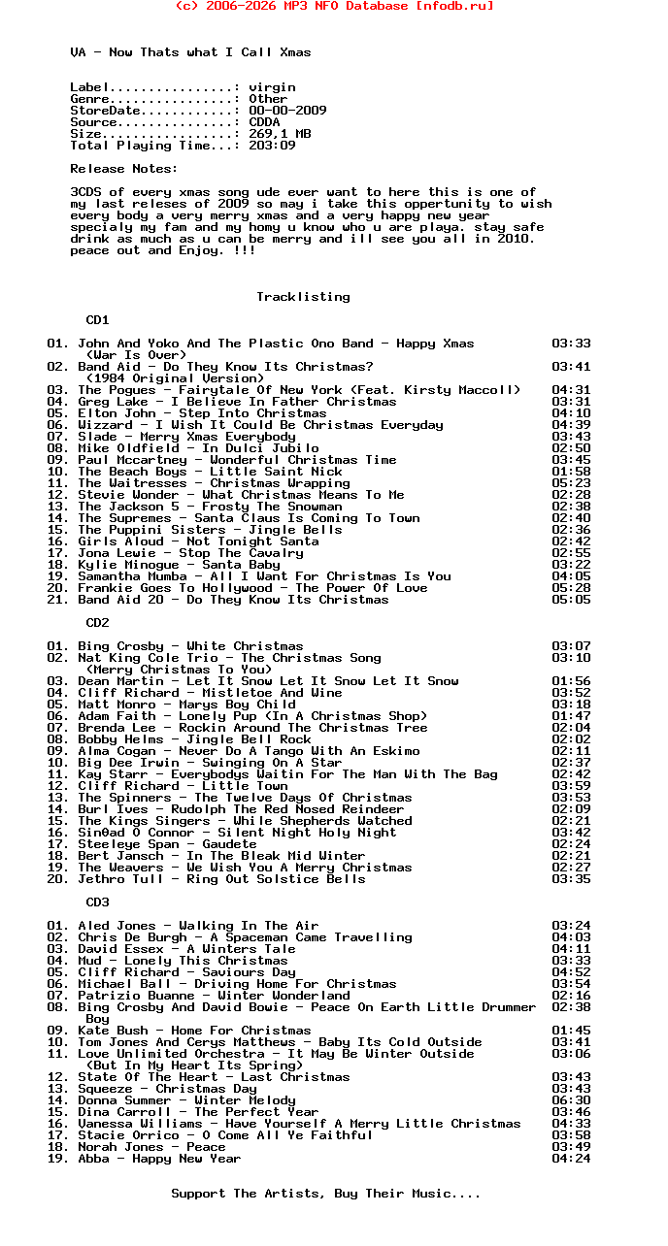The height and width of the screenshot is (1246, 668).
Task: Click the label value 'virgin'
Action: (x=272, y=87)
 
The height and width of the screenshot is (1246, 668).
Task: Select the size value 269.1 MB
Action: (x=280, y=134)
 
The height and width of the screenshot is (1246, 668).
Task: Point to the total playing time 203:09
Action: (x=272, y=146)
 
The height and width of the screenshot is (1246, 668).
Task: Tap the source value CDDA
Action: (x=264, y=122)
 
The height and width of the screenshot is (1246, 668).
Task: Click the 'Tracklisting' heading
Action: (x=303, y=297)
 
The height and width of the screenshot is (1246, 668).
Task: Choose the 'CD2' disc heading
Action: (x=97, y=623)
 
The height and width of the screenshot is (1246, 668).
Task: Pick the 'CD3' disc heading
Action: (x=97, y=902)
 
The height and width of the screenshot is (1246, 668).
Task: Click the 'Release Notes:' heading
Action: (x=124, y=169)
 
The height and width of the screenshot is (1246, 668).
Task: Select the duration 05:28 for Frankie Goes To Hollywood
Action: (x=571, y=588)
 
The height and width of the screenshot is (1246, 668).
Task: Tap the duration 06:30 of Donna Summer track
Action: (x=571, y=1100)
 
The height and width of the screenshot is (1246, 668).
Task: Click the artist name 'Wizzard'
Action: (x=105, y=425)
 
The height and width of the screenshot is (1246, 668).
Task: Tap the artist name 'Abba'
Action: (x=93, y=1159)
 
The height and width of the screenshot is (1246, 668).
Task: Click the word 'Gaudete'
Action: (x=229, y=844)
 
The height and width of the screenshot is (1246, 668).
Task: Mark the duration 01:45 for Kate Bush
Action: (x=571, y=1031)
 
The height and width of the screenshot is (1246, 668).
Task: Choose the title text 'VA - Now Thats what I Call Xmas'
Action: (x=190, y=52)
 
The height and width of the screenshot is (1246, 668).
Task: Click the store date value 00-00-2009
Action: (x=287, y=111)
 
